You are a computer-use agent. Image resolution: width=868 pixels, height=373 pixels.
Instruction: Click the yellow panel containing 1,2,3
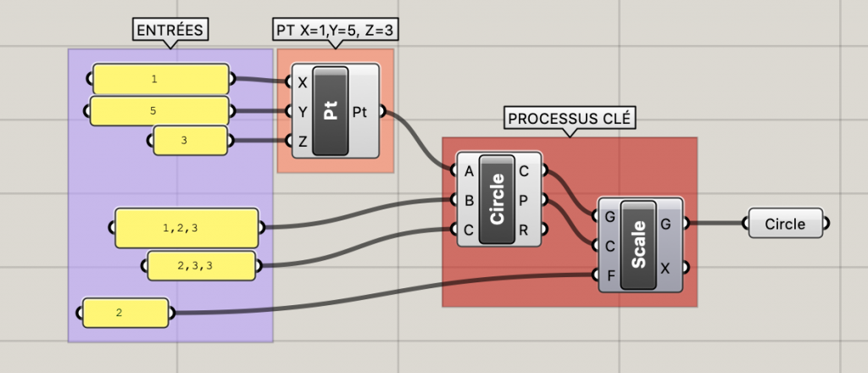(x=186, y=228)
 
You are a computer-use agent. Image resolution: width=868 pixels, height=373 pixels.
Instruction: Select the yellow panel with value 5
(x=159, y=111)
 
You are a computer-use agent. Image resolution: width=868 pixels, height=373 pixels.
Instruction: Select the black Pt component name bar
(x=331, y=111)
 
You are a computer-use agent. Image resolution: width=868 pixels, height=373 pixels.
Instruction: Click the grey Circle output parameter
(x=785, y=225)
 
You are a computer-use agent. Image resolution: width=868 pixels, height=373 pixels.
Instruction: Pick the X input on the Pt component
(x=303, y=83)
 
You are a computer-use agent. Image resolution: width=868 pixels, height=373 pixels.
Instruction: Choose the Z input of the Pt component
(x=303, y=142)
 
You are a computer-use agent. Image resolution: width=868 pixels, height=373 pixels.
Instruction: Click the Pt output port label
(x=359, y=111)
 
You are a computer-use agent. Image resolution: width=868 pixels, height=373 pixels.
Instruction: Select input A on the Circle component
(x=469, y=171)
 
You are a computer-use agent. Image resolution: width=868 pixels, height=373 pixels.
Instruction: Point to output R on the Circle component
(x=524, y=229)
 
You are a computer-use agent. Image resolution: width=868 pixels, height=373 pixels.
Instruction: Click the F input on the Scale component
(x=610, y=275)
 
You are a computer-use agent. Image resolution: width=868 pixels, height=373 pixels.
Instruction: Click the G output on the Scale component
(x=665, y=224)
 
